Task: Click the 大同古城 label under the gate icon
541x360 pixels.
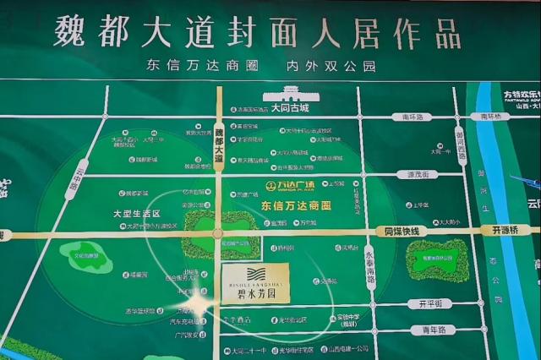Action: coord(291,109)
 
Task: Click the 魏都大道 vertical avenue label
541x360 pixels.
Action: coord(219,143)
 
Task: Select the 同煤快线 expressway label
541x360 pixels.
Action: coord(402,230)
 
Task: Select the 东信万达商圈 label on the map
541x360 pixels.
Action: coord(296,205)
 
